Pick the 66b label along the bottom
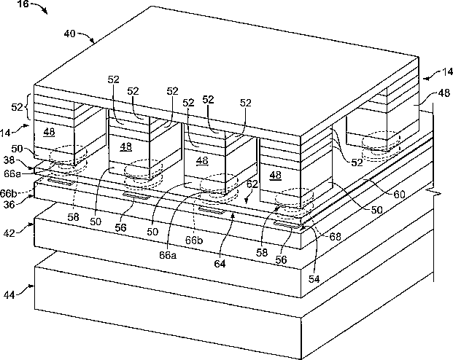(x=193, y=240)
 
